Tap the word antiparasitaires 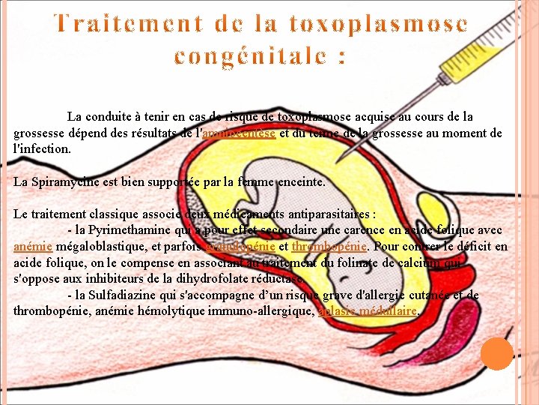click(x=329, y=214)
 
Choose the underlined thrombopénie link click(x=329, y=246)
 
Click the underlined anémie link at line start click(x=33, y=246)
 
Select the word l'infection click(x=43, y=148)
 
